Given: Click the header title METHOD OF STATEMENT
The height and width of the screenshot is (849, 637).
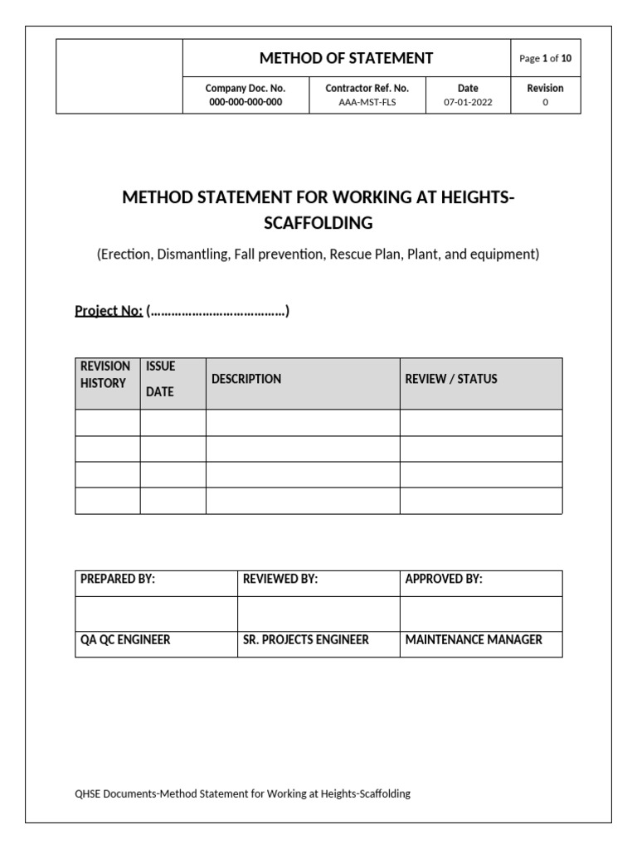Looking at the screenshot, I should pyautogui.click(x=346, y=58).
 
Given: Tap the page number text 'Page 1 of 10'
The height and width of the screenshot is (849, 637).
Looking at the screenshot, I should pyautogui.click(x=545, y=59).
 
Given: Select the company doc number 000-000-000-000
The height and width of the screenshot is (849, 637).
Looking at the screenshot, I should pyautogui.click(x=246, y=102).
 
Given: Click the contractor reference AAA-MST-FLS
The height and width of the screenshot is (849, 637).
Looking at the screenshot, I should pyautogui.click(x=367, y=102).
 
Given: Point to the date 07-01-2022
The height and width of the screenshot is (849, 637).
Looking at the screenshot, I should pyautogui.click(x=468, y=102).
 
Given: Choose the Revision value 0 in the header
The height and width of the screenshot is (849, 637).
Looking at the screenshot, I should pyautogui.click(x=545, y=102).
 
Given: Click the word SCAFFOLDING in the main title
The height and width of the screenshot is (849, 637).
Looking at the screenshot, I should pyautogui.click(x=318, y=222).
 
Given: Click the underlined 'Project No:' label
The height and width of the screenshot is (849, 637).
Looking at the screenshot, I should pyautogui.click(x=109, y=311).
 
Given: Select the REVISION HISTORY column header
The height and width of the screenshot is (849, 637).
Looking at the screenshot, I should pyautogui.click(x=105, y=375).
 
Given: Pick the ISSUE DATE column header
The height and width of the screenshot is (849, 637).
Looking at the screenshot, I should pyautogui.click(x=161, y=379).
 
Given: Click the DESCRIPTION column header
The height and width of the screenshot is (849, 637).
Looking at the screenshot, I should pyautogui.click(x=246, y=379).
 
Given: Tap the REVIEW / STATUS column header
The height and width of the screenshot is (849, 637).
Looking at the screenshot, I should pyautogui.click(x=451, y=379).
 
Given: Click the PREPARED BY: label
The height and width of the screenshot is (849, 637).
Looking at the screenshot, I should pyautogui.click(x=118, y=580).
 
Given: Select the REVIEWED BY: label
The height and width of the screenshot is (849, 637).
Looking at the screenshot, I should pyautogui.click(x=280, y=580).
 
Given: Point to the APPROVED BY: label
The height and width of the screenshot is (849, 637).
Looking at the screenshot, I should pyautogui.click(x=444, y=580).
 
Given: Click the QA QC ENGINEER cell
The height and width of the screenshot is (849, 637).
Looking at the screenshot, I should pyautogui.click(x=125, y=640).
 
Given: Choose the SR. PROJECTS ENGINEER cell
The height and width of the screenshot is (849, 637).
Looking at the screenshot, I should pyautogui.click(x=306, y=640).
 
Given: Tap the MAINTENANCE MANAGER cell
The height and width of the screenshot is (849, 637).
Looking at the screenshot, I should pyautogui.click(x=474, y=640).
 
